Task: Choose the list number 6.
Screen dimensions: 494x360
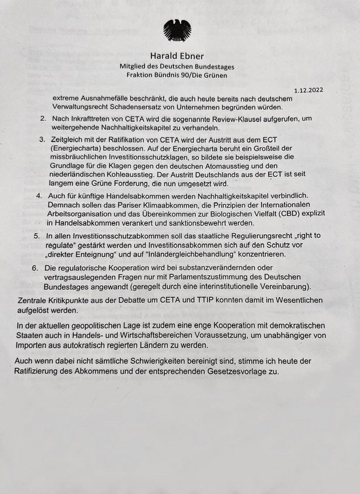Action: (35, 268)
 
